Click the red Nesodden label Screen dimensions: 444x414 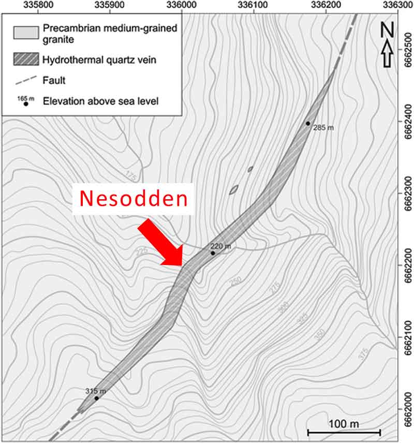click(134, 198)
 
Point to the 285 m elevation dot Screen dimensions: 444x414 click(308, 123)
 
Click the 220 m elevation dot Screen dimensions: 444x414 click(213, 253)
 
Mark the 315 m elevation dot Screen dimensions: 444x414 click(97, 398)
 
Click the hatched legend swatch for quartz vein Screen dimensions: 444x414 click(26, 60)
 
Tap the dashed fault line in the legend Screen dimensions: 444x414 click(26, 80)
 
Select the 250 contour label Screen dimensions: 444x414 click(236, 282)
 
